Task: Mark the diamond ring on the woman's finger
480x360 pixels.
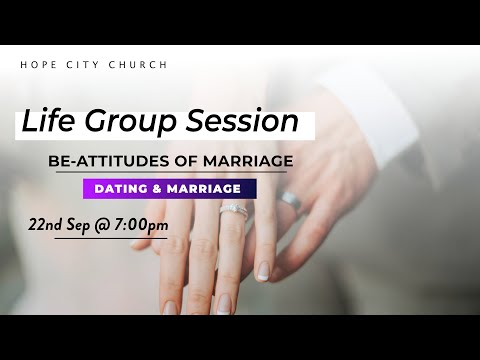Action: tap(233, 210)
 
